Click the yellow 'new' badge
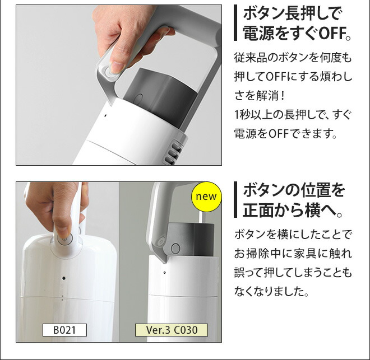point(206,197)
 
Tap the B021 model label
point(64,330)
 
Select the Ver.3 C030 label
point(171,330)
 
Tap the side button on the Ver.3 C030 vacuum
point(173,248)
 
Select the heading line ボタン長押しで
point(292,13)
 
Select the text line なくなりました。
point(271,292)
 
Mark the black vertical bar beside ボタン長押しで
point(236,24)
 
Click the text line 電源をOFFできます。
point(286,134)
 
